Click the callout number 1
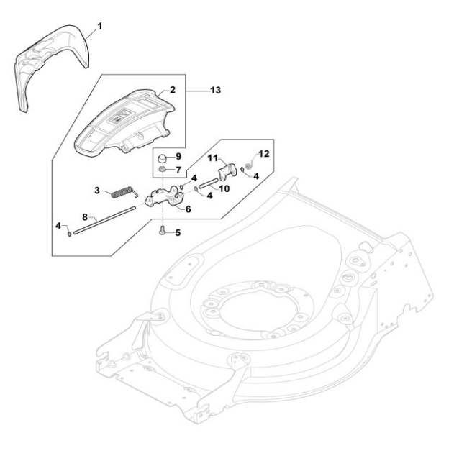point(100,27)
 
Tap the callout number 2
point(172,91)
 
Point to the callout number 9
point(178,156)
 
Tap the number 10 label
point(224,188)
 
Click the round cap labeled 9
point(164,158)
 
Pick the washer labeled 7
point(164,170)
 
